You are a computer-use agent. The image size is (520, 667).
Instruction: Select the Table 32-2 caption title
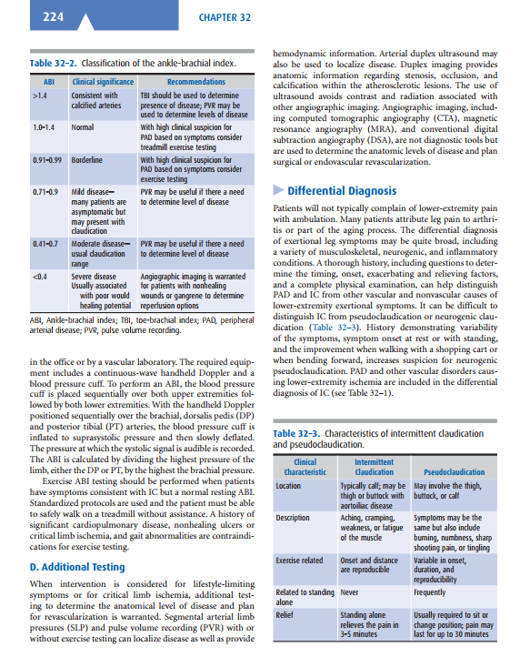tap(134, 63)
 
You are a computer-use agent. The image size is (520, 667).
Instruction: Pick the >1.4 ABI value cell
tap(39, 94)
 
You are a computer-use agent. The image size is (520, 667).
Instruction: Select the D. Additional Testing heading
tap(77, 567)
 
